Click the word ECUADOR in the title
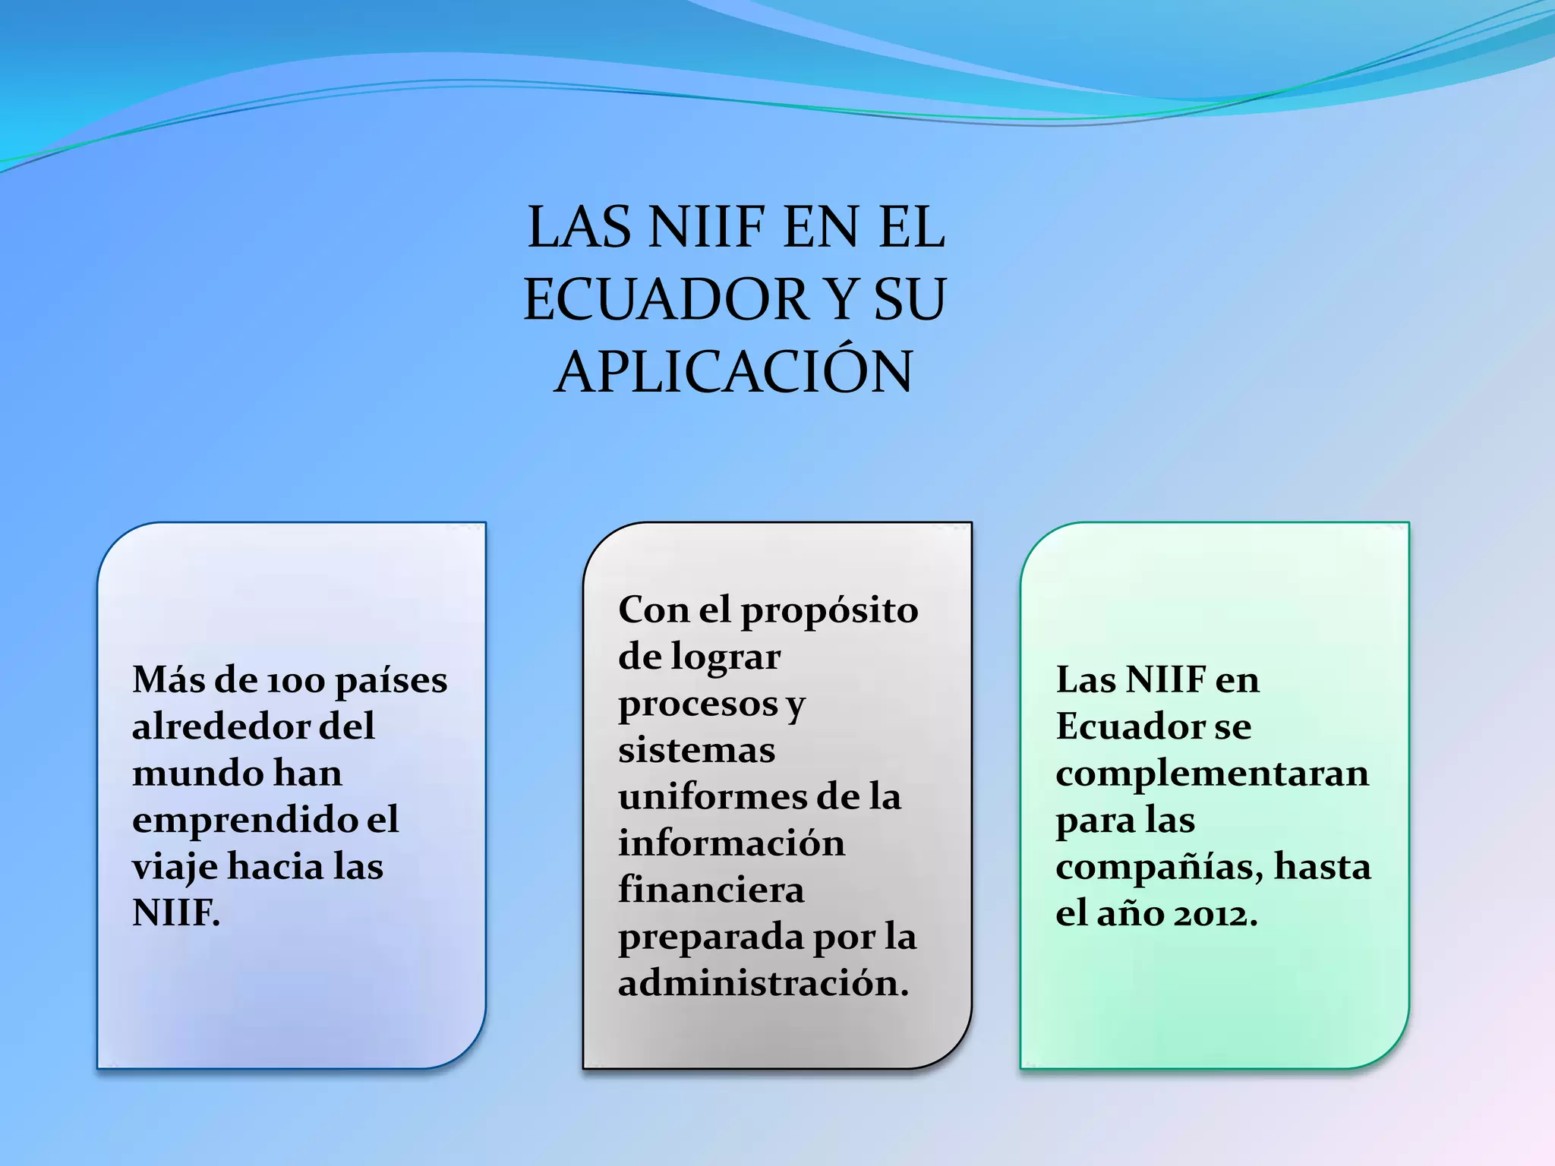point(667,299)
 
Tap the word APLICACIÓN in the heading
point(733,372)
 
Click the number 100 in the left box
point(296,681)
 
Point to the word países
point(391,681)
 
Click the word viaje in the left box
point(175,868)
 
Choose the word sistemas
point(696,751)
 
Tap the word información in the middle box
point(731,843)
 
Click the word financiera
point(711,890)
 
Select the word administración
point(762,984)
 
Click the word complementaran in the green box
point(1212,774)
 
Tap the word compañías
point(1159,867)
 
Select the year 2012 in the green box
point(1213,914)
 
